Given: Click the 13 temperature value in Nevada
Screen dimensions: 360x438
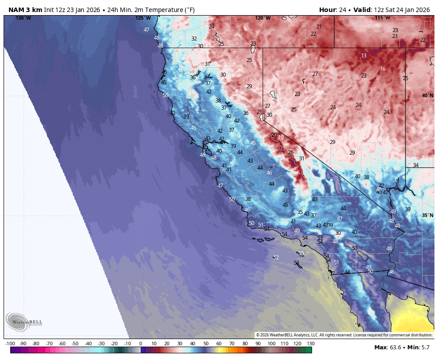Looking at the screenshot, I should pyautogui.click(x=364, y=56).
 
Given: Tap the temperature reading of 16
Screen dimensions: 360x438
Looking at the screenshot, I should pyautogui.click(x=383, y=69).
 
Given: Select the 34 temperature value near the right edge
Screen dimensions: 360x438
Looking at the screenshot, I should pyautogui.click(x=416, y=165).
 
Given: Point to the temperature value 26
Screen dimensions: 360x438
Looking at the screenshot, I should pyautogui.click(x=291, y=152).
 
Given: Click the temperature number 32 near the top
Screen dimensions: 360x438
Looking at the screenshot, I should pyautogui.click(x=194, y=39).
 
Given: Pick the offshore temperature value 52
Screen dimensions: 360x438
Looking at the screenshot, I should pyautogui.click(x=276, y=258).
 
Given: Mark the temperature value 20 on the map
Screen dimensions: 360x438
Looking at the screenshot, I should pyautogui.click(x=274, y=135).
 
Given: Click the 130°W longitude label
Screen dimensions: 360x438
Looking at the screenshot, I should pyautogui.click(x=23, y=18).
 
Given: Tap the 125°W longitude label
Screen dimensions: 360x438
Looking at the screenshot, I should pyautogui.click(x=143, y=18).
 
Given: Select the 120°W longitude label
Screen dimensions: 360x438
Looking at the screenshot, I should pyautogui.click(x=263, y=18).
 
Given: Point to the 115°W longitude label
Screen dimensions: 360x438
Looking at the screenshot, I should pyautogui.click(x=382, y=18).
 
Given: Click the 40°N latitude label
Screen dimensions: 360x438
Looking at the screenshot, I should pyautogui.click(x=427, y=95).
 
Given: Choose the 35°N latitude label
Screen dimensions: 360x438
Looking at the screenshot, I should pyautogui.click(x=427, y=215).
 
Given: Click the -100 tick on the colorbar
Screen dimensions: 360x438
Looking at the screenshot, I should pyautogui.click(x=10, y=344).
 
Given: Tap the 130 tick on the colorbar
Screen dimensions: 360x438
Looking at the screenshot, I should pyautogui.click(x=311, y=344).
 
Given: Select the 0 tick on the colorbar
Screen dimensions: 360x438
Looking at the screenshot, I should pyautogui.click(x=141, y=344).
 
